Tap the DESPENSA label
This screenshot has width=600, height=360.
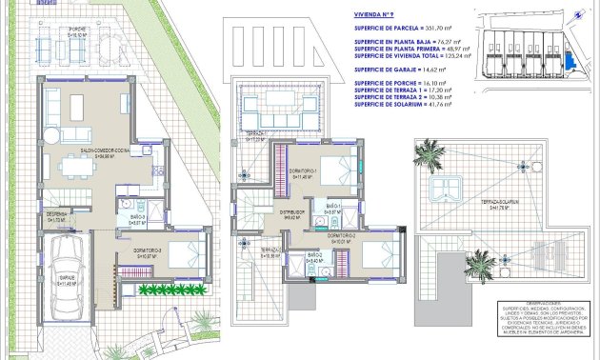pyautogui.click(x=56, y=216)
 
